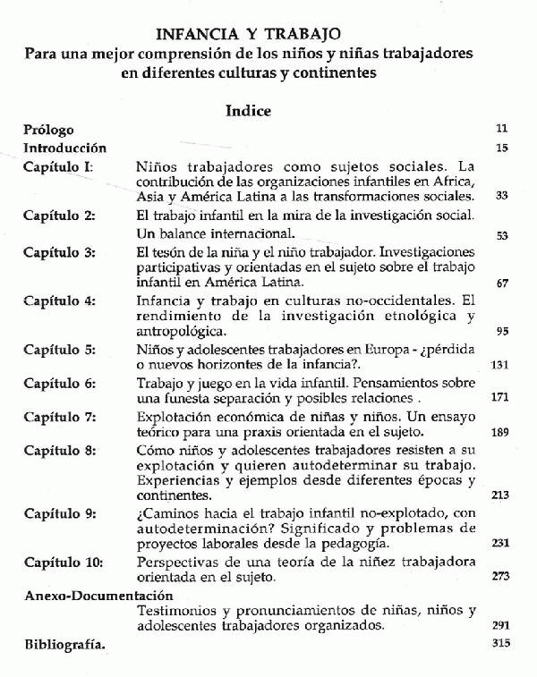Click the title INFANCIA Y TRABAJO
(x=248, y=35)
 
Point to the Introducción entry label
(x=65, y=148)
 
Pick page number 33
(x=501, y=196)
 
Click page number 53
(x=501, y=236)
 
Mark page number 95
(x=501, y=331)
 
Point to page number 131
(x=499, y=365)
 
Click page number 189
(x=499, y=433)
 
